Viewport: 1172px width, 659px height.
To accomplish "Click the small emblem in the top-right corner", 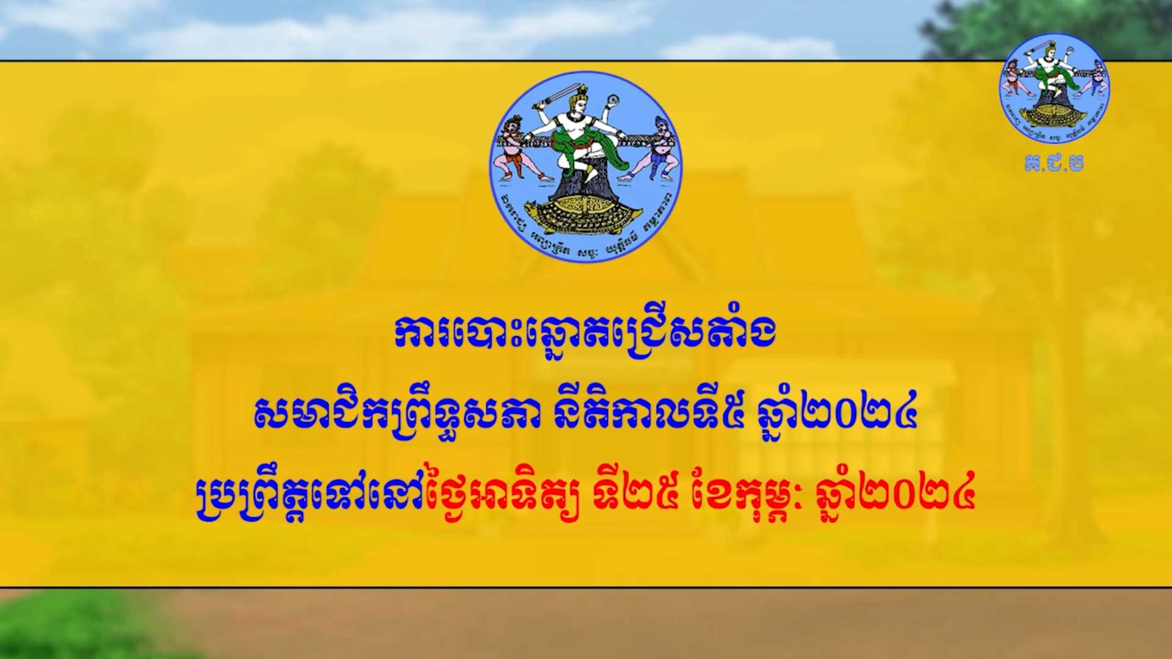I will (x=1054, y=88).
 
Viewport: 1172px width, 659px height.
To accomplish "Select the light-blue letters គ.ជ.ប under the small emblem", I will (x=1054, y=164).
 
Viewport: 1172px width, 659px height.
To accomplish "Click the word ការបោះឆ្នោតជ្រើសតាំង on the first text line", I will (x=585, y=334).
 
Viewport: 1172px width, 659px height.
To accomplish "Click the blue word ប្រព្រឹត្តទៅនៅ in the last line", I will (x=311, y=494).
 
